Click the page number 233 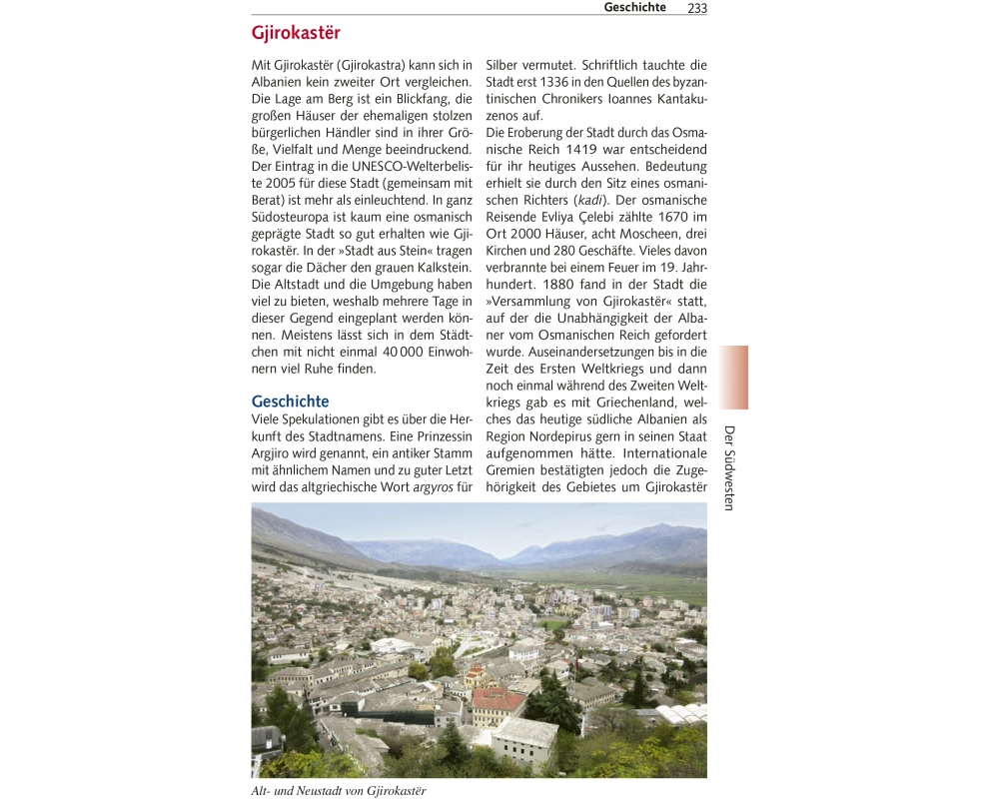click(x=696, y=8)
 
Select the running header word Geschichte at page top click(x=634, y=8)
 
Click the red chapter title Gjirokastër click(x=296, y=34)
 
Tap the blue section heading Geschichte click(x=290, y=401)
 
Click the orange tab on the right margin click(x=733, y=378)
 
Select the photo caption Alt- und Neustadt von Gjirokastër click(x=339, y=791)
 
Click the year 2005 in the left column click(x=271, y=183)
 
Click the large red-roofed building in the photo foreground click(x=497, y=703)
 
